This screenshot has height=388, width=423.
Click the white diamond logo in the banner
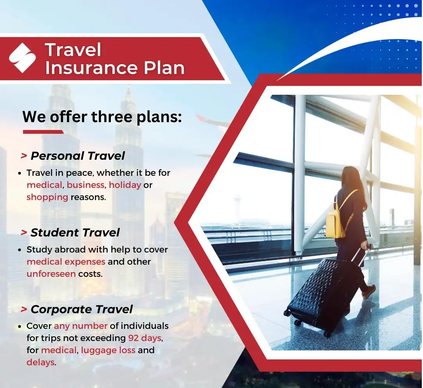point(22,58)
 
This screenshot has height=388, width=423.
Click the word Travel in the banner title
point(73,50)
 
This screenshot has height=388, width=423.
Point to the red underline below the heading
point(43,132)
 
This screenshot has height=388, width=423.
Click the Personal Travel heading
point(78,156)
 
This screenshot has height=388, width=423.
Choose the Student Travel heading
point(75,233)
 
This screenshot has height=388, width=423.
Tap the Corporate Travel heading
point(82,309)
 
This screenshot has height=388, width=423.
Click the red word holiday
point(125,185)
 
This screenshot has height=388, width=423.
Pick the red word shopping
point(47,197)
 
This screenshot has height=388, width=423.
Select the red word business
point(85,185)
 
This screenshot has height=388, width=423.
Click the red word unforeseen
point(51,274)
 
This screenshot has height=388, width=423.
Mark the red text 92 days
point(145,338)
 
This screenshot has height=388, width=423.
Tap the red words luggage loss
point(108,350)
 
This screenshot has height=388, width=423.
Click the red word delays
point(40,363)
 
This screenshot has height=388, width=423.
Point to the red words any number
point(81,326)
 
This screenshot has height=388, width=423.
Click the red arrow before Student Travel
point(24,233)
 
